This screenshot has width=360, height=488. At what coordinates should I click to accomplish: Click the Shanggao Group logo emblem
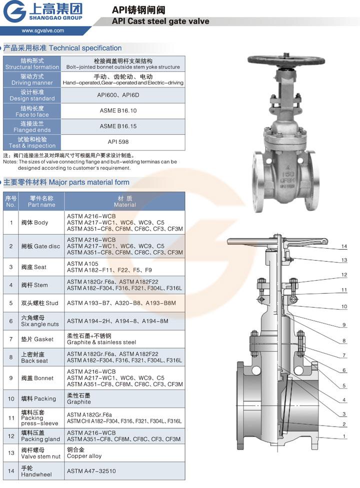point(14,11)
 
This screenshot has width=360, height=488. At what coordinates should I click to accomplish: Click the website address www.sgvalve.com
point(43,30)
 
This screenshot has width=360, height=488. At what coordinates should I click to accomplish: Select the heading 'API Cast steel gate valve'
point(160,21)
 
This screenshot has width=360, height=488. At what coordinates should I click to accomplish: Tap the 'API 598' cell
point(118,142)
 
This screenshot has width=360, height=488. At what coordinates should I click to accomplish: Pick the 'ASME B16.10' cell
point(118,110)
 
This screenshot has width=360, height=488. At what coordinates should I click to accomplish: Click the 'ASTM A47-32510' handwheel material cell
point(91,471)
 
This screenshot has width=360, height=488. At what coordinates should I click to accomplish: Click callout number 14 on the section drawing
point(344,246)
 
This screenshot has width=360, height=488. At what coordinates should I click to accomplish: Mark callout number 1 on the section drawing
point(344,436)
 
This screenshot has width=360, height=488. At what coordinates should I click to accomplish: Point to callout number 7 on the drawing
point(344,355)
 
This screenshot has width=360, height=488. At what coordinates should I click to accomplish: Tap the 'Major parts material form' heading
point(89,182)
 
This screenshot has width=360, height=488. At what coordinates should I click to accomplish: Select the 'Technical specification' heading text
point(85,48)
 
